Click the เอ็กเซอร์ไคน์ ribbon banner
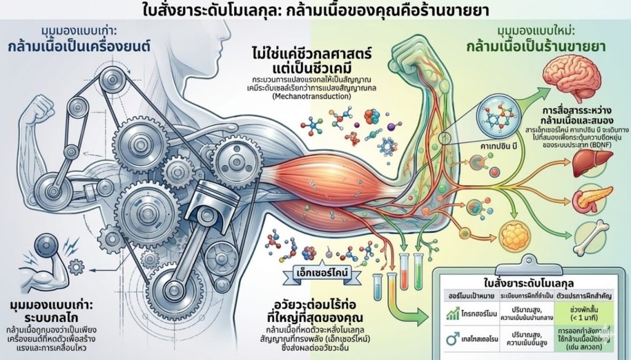tap(320, 273)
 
